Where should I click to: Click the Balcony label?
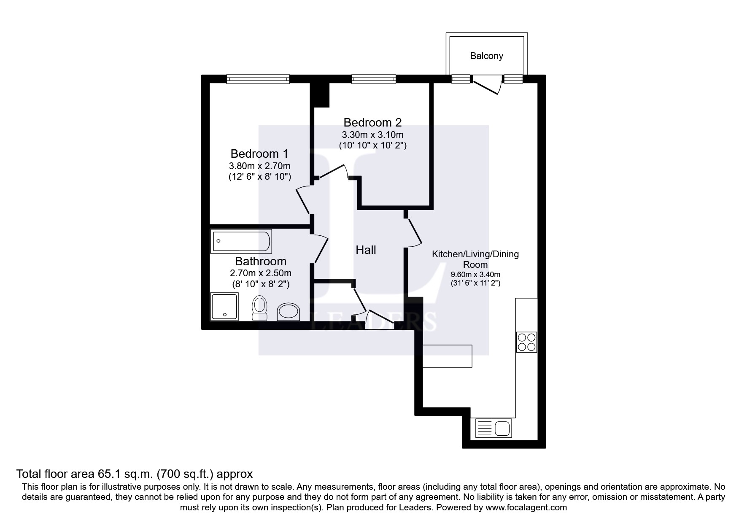pyautogui.click(x=486, y=56)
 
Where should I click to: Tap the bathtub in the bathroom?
pyautogui.click(x=241, y=241)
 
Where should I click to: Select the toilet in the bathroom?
pyautogui.click(x=259, y=309)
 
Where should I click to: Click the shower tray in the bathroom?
pyautogui.click(x=224, y=307)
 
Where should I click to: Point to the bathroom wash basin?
pyautogui.click(x=289, y=313)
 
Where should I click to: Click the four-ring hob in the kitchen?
pyautogui.click(x=526, y=342)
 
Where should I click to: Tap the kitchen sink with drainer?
pyautogui.click(x=494, y=428)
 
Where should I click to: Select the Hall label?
pyautogui.click(x=366, y=250)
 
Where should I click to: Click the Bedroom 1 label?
pyautogui.click(x=259, y=154)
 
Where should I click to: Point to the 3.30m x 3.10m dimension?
pyautogui.click(x=372, y=135)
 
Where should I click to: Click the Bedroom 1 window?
pyautogui.click(x=258, y=79)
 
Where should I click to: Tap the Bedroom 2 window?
pyautogui.click(x=374, y=79)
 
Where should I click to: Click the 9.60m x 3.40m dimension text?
pyautogui.click(x=475, y=275)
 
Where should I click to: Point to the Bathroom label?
pyautogui.click(x=261, y=261)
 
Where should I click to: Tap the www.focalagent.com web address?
pyautogui.click(x=526, y=507)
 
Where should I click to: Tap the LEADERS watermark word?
pyautogui.click(x=373, y=322)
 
